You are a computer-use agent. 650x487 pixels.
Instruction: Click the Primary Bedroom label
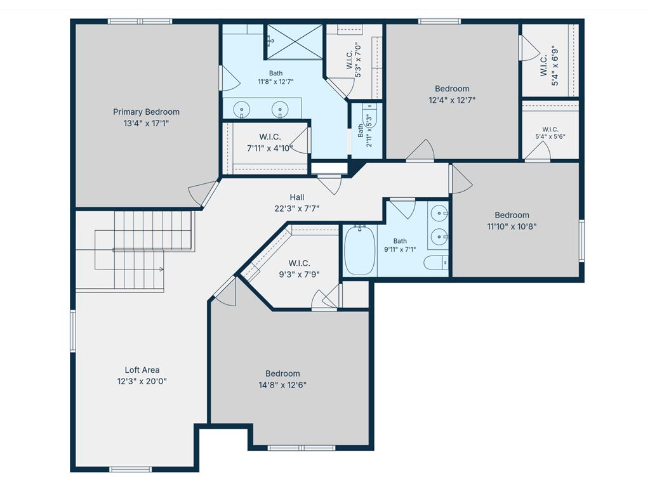point(147,112)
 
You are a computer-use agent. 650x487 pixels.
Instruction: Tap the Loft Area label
point(142,370)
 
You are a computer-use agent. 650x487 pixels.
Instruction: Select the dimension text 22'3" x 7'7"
point(297,208)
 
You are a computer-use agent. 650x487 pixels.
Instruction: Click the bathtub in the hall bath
point(360,250)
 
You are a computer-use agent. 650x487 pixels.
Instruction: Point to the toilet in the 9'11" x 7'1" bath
point(436,263)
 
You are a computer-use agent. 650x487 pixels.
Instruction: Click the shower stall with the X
point(295,41)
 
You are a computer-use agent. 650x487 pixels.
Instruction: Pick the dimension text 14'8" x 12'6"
point(282,385)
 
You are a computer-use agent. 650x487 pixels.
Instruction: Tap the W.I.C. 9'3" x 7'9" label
point(300,268)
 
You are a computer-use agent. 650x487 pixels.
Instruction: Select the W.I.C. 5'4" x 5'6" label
point(550,133)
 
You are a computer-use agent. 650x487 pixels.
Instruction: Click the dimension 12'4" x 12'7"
point(452,100)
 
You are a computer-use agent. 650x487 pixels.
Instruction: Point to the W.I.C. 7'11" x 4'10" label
point(270,142)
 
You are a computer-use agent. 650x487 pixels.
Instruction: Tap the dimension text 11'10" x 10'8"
point(512,226)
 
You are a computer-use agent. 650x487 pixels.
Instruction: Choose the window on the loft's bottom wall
point(131,469)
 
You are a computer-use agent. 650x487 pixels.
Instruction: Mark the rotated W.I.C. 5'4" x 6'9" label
point(549,66)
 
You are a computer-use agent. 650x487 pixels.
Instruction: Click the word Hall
point(297,197)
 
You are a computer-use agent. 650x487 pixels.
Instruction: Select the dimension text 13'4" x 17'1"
point(147,123)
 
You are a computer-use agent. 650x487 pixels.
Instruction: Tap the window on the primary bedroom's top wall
point(140,21)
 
